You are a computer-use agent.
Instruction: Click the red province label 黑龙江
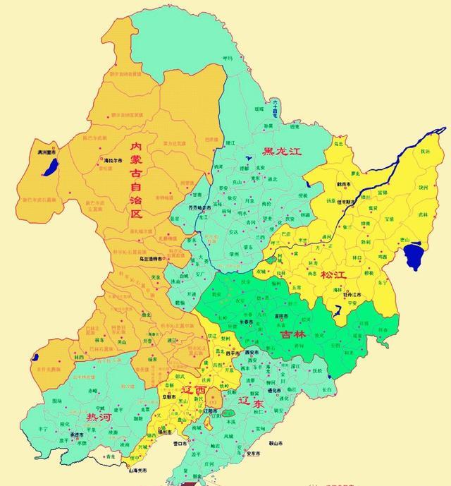pos(281,151)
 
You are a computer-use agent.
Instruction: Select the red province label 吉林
pos(293,334)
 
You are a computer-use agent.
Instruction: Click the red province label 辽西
pos(194,389)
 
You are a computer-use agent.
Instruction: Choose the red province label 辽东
pos(251,402)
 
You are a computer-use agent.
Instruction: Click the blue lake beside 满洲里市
pos(50,167)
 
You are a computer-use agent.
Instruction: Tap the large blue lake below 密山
pos(414,256)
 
